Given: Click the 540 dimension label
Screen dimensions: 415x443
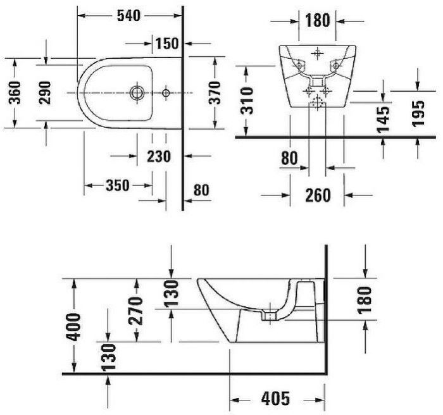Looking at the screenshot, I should [128, 16].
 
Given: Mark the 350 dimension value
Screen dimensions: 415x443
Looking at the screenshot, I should [118, 185].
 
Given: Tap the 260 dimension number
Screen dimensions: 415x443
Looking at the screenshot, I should [317, 195].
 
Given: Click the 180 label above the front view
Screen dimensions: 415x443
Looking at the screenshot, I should [317, 21].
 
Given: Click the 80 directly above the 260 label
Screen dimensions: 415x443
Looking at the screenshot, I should [289, 159].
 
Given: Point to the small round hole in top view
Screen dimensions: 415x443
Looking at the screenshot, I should [165, 93].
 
